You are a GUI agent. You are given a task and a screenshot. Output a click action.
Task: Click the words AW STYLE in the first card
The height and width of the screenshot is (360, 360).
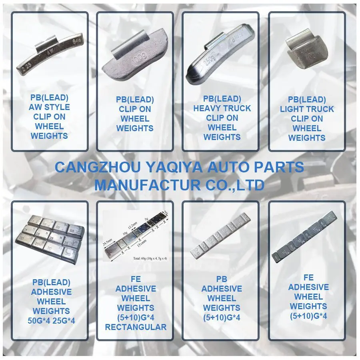point(49,107)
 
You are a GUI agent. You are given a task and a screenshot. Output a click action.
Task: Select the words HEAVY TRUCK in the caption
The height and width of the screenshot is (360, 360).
point(222,108)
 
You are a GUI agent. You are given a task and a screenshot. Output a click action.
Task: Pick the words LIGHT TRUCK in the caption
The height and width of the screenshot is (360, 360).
point(307,109)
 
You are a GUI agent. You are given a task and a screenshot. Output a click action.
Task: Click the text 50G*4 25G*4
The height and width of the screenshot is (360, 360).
point(51,320)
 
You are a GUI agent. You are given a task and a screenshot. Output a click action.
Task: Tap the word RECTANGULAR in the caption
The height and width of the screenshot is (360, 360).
point(136,327)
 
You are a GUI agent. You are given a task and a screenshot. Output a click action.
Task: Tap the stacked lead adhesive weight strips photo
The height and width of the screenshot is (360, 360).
point(50,238)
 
